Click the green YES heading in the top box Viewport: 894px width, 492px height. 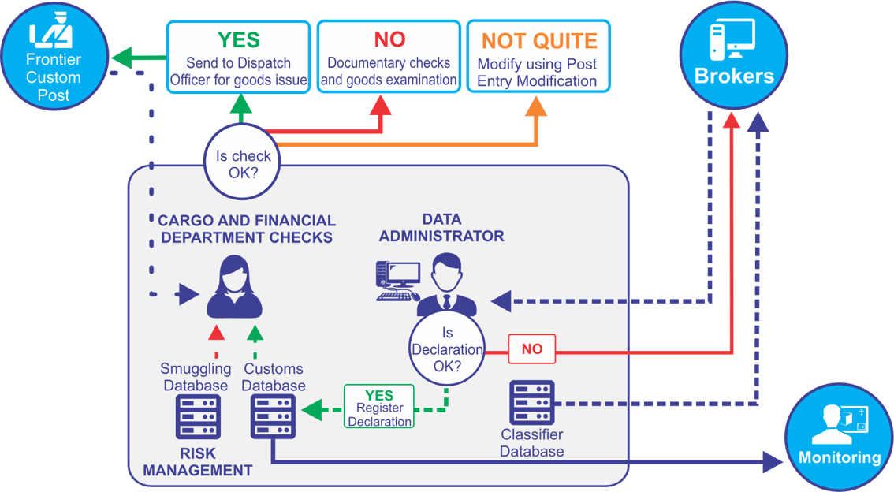click(x=238, y=39)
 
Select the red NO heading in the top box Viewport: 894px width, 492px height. click(x=389, y=39)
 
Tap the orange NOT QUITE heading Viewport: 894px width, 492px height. click(x=539, y=41)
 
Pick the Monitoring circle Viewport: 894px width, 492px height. click(x=839, y=438)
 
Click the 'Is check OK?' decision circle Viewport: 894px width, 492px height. click(x=243, y=164)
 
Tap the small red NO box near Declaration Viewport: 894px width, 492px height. click(x=532, y=348)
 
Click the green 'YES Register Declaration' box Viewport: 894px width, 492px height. click(x=379, y=406)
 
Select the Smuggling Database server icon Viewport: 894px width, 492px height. click(x=197, y=416)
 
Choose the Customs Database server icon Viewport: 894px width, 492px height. click(x=273, y=416)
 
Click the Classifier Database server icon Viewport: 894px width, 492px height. click(x=532, y=402)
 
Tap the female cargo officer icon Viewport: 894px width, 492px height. click(x=234, y=285)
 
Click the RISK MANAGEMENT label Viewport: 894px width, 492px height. click(x=197, y=463)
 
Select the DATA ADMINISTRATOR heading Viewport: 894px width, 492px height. click(x=441, y=227)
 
